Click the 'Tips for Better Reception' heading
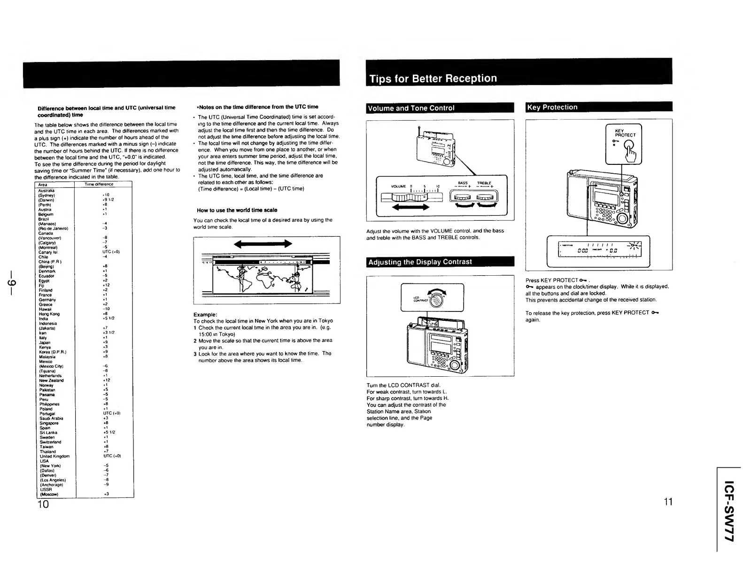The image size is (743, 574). point(433,78)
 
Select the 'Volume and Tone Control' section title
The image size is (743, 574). point(411,108)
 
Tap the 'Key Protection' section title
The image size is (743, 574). point(552,107)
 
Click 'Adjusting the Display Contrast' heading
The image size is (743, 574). point(420,262)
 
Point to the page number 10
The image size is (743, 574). point(43,504)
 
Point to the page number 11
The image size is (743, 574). point(668,502)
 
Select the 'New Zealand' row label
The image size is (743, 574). point(51,380)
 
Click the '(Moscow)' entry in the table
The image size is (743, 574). point(49,494)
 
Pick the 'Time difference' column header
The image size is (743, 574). point(99,185)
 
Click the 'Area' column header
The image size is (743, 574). point(43,185)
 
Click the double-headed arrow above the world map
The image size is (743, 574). point(263,243)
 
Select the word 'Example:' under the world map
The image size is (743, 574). point(205,314)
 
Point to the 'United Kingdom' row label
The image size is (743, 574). point(54,456)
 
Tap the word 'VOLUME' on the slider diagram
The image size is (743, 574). point(399,186)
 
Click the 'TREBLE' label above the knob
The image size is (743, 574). point(484,183)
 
